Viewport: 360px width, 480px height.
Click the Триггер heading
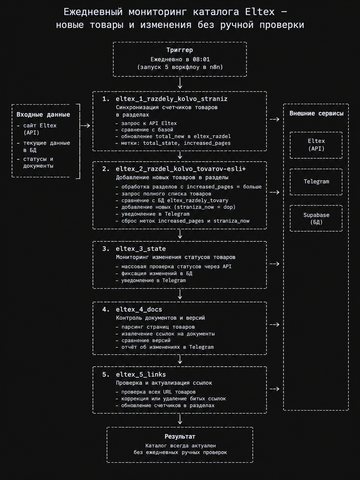click(x=180, y=50)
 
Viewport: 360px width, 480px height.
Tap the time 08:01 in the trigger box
click(x=201, y=59)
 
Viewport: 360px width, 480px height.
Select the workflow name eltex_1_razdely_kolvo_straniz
click(x=172, y=99)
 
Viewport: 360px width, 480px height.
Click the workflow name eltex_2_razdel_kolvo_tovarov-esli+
click(x=181, y=169)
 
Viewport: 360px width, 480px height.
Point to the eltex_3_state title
click(x=141, y=249)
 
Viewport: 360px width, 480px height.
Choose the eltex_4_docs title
click(x=139, y=309)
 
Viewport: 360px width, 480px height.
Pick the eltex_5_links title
click(x=141, y=375)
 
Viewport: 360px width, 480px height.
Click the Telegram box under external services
click(x=316, y=182)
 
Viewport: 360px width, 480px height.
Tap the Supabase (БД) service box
click(x=316, y=218)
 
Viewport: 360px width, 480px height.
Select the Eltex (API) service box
click(x=316, y=145)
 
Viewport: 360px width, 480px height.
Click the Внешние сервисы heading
click(x=316, y=113)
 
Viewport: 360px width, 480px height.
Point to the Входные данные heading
click(x=43, y=115)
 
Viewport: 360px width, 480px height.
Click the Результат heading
click(x=180, y=437)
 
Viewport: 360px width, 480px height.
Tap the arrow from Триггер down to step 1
click(x=180, y=83)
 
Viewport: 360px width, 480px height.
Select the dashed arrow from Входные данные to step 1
click(x=85, y=126)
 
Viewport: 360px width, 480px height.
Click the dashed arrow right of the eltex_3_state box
click(x=274, y=264)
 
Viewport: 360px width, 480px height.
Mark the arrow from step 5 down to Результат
click(x=180, y=419)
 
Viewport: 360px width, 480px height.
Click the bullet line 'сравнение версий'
click(x=143, y=340)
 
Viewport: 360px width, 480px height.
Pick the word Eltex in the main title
click(x=260, y=12)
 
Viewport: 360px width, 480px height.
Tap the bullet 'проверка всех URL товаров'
click(x=155, y=392)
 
